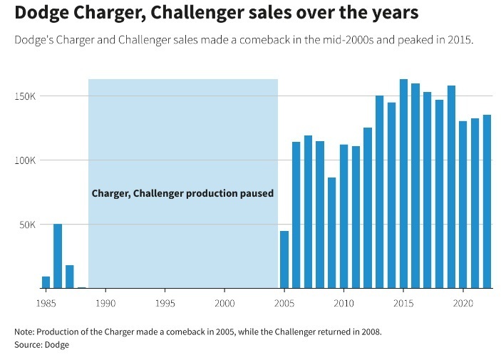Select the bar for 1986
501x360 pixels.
(x=58, y=256)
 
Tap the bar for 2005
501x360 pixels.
(x=284, y=259)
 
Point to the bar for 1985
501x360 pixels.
(x=46, y=282)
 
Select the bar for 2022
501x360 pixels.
(x=487, y=202)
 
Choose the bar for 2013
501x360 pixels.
(x=380, y=192)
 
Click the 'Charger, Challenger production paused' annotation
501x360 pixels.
(x=182, y=193)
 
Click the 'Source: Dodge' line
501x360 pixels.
(x=42, y=345)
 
